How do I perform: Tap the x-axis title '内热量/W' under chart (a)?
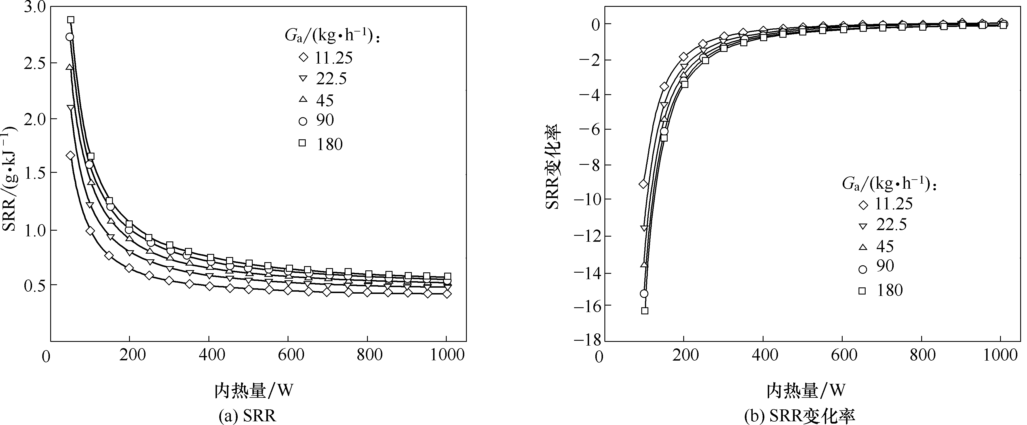(254, 390)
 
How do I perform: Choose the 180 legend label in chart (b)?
(889, 290)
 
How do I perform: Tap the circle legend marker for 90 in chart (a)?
(303, 121)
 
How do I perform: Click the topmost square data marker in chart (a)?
(71, 20)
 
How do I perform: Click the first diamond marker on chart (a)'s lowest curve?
(71, 155)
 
